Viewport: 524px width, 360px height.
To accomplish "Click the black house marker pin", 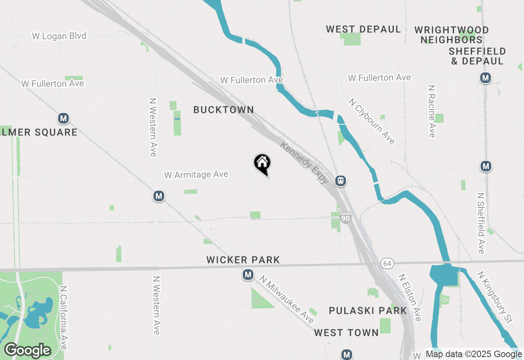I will tap(262, 164).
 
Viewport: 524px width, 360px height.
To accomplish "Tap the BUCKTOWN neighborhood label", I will tap(224, 110).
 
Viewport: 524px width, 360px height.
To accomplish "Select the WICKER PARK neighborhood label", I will tap(243, 260).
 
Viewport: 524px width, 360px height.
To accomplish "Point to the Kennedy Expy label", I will tap(305, 162).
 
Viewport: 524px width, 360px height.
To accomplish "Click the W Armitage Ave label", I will tap(196, 175).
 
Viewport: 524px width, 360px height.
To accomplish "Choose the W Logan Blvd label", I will tap(59, 36).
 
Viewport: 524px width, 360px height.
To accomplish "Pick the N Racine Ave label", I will tap(431, 111).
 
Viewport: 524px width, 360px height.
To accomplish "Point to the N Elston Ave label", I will tap(410, 297).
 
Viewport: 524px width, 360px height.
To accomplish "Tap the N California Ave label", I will tap(63, 317).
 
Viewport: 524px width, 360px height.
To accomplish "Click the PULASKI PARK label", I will tap(368, 310).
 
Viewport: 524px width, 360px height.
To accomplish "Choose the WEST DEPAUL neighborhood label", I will tap(364, 29).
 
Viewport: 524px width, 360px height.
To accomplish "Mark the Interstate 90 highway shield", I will tap(346, 218).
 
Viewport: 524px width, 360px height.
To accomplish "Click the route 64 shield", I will tap(387, 263).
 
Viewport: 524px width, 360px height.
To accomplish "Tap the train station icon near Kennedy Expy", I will tap(340, 180).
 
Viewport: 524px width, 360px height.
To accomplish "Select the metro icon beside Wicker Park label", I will tap(248, 274).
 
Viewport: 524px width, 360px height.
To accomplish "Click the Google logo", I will tap(28, 351).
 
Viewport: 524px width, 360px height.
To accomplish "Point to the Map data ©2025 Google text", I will tap(474, 354).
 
